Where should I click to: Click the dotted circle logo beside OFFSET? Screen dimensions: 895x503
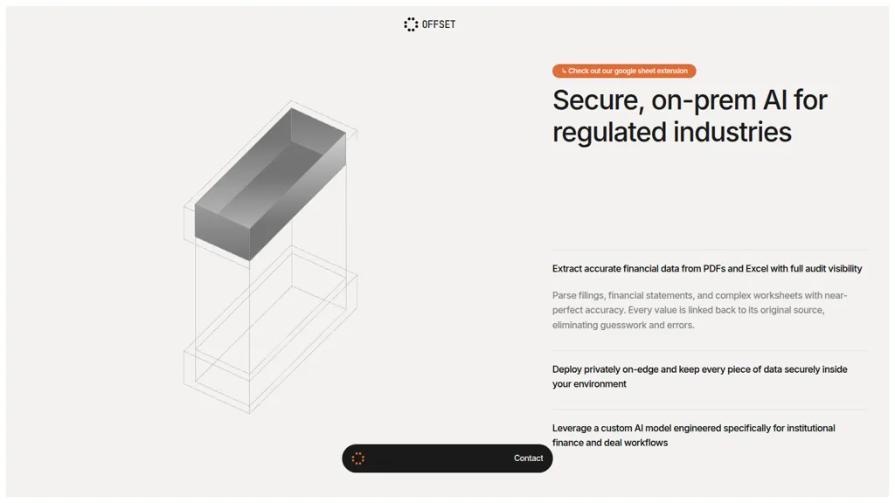[411, 24]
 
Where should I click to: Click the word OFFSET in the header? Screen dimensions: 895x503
[439, 24]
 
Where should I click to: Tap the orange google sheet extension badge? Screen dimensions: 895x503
[624, 71]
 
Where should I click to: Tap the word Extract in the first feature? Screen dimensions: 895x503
[566, 269]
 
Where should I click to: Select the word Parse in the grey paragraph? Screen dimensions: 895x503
[564, 295]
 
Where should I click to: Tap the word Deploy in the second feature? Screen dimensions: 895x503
[566, 369]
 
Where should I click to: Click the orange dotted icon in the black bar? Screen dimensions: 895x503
[357, 458]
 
